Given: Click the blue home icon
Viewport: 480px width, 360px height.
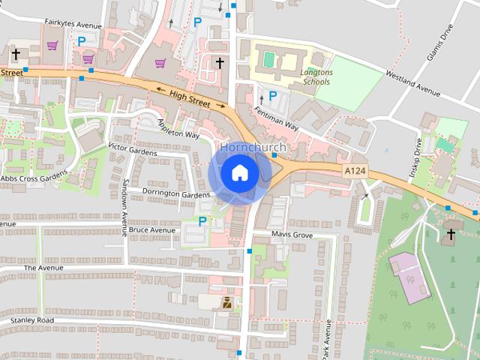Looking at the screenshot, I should coord(239,173).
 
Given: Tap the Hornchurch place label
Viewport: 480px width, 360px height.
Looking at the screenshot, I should coord(250,148).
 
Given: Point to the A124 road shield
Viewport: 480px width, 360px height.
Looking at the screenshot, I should coord(355,172).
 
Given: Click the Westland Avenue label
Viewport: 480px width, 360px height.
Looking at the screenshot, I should coord(412,83).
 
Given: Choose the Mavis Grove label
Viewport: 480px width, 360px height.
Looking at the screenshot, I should coord(292,235).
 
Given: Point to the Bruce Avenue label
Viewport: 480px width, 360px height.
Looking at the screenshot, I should coord(151,230).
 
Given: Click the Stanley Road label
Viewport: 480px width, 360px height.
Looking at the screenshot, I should coord(32,320).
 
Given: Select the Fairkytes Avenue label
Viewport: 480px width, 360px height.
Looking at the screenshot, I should coord(73,23).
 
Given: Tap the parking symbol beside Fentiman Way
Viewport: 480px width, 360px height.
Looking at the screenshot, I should coord(273,96).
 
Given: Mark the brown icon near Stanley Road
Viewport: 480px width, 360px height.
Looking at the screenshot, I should coord(226,303).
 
